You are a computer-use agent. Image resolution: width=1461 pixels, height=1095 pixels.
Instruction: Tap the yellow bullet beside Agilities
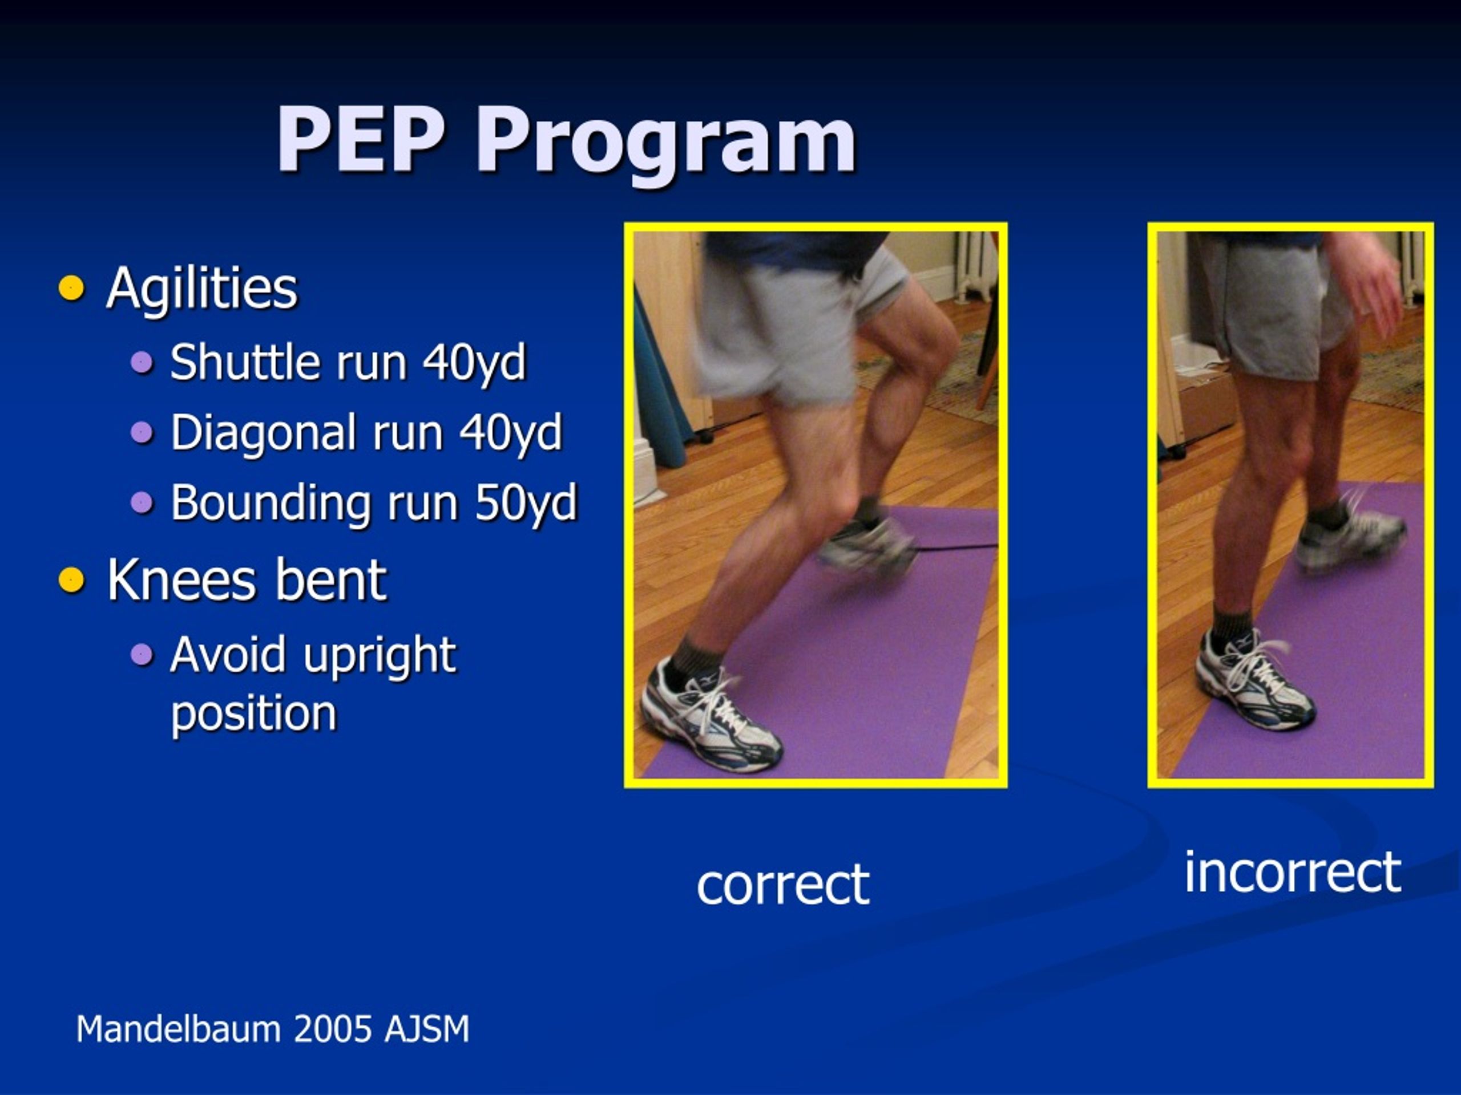point(71,288)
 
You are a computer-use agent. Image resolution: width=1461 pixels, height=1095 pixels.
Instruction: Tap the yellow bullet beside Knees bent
point(71,580)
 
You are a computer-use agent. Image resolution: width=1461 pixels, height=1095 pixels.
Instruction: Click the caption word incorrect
point(1293,873)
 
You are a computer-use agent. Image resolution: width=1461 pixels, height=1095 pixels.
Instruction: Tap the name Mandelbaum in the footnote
point(178,1029)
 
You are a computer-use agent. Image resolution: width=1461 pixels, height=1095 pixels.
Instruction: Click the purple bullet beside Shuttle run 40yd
point(142,362)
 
